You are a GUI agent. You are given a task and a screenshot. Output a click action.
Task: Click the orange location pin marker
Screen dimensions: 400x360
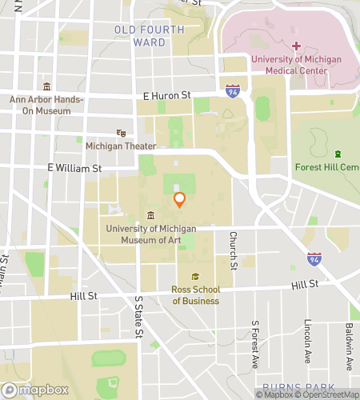point(179,199)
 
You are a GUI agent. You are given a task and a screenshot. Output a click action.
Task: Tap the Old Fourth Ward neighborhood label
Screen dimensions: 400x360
point(149,36)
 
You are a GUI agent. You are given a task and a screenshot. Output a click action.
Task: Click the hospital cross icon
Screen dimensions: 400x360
point(296,46)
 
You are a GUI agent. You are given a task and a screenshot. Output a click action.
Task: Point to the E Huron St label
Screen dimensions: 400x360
point(166,95)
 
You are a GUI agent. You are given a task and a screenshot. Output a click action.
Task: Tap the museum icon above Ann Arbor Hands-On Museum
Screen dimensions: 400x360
point(47,86)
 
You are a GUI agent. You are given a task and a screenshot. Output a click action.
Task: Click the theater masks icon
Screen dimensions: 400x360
point(122,133)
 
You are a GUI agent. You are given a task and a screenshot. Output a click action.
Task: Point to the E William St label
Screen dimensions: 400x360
point(74,169)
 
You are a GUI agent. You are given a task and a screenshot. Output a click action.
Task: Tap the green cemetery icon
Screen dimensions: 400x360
point(338,154)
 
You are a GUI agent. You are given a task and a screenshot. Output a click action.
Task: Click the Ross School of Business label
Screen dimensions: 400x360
point(195,295)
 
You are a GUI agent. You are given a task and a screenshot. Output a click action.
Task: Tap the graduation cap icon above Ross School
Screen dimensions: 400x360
point(195,277)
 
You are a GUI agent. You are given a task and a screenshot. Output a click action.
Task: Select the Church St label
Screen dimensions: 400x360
point(232,250)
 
